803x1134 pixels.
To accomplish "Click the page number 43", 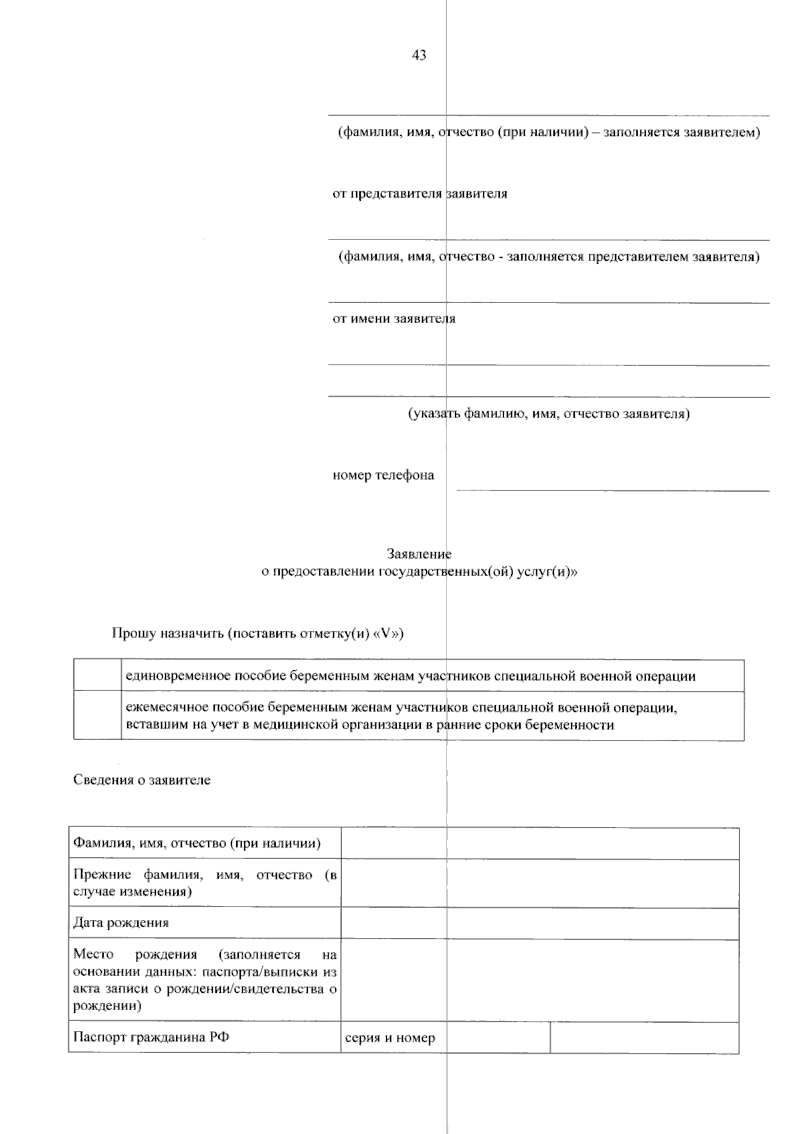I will point(419,56).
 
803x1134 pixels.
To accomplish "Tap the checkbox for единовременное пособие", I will point(97,675).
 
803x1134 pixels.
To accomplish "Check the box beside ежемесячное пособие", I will point(97,715).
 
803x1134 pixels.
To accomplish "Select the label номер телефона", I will point(383,476).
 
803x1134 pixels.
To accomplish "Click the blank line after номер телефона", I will point(612,483).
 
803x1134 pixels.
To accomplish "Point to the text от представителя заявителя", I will point(420,194).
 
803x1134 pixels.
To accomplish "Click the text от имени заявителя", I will point(394,319).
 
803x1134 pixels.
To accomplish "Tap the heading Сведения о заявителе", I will point(142,780).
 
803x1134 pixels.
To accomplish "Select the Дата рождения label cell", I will point(204,923).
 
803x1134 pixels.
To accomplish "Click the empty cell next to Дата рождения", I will point(539,923).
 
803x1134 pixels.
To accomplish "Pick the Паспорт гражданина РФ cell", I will point(204,1038).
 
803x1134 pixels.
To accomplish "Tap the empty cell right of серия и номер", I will point(644,1038).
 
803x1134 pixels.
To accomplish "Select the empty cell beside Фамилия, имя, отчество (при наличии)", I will point(539,844).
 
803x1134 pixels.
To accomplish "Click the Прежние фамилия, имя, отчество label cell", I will point(204,883).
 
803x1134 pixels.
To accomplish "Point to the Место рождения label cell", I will point(204,980).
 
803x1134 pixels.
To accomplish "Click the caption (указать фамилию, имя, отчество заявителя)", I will point(549,414).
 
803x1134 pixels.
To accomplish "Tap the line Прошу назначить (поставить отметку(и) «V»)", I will point(258,634).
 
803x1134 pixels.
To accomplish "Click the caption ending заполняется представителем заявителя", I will point(549,257).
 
